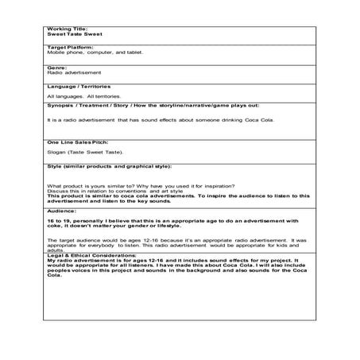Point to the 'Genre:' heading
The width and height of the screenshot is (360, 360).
(56, 68)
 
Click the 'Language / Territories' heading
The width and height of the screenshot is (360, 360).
(79, 85)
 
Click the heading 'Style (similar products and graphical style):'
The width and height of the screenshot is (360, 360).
(110, 166)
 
